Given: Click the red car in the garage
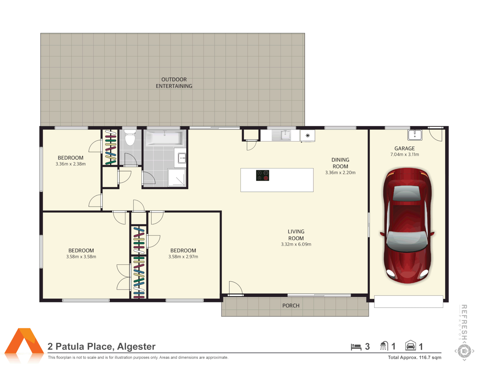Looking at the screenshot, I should click(407, 226).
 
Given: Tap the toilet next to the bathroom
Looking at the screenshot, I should click(130, 137).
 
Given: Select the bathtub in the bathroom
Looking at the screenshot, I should click(165, 138).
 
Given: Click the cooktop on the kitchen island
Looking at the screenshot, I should click(262, 175).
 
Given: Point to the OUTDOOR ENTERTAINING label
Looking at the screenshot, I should click(174, 83).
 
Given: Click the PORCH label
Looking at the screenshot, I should click(291, 305).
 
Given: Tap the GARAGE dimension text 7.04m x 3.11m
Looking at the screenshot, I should click(404, 155).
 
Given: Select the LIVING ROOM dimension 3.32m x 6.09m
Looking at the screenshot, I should click(296, 244).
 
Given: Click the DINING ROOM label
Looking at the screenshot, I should click(340, 163).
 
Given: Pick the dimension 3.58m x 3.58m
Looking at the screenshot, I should click(81, 257).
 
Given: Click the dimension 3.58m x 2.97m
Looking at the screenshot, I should click(183, 257).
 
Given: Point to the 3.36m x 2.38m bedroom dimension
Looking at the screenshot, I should click(71, 164).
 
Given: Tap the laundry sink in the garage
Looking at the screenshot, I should click(415, 135).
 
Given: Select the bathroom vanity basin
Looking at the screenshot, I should click(181, 158).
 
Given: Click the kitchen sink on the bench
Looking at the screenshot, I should click(285, 135).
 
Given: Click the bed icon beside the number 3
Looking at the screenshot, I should click(356, 347).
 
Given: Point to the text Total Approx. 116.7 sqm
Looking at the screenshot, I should click(415, 357).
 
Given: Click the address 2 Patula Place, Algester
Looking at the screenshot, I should click(102, 347).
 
